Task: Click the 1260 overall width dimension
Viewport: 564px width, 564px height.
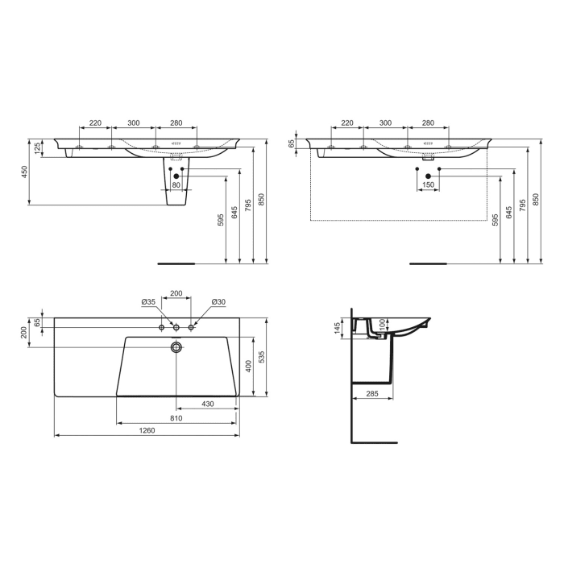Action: coord(146,431)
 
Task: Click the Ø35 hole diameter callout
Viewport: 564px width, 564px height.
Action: coord(148,302)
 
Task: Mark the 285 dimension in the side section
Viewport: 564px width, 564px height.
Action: coord(371,395)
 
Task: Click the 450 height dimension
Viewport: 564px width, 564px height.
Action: coord(25,171)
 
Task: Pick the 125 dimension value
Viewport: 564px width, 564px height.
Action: coord(37,148)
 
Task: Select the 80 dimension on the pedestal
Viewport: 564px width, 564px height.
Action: coord(176,185)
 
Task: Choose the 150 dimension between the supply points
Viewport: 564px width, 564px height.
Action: coord(428,185)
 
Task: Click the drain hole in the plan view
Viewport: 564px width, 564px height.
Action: coord(176,347)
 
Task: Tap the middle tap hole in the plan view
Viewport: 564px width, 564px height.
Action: coord(176,327)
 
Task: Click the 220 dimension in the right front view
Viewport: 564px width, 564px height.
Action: coord(347,123)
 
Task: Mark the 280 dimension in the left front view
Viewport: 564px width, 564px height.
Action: coord(176,123)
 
